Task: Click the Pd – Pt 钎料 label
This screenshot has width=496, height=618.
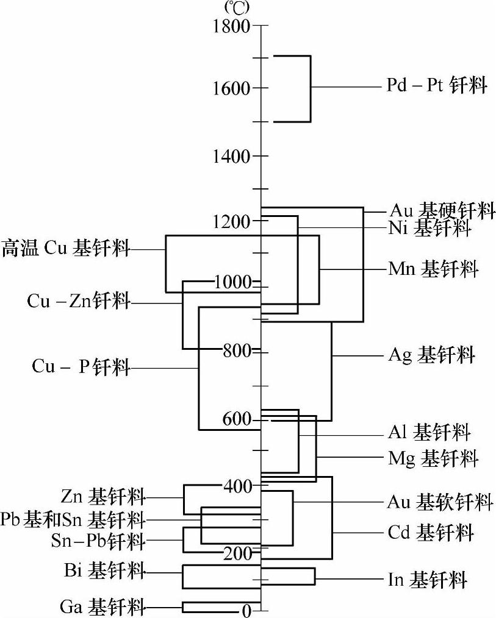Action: [x=437, y=86]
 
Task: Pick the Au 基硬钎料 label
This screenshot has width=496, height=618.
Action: [x=442, y=211]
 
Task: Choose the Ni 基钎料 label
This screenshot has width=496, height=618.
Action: [x=429, y=229]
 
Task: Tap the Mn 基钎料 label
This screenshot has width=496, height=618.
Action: [x=433, y=268]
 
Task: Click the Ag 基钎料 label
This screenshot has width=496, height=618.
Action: [x=431, y=355]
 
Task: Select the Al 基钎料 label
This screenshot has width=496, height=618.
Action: [x=430, y=433]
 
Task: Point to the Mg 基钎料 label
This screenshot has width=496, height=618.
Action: [x=433, y=457]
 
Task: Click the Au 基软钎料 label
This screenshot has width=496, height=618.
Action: [x=440, y=502]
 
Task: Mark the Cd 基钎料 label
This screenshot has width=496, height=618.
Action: [x=431, y=533]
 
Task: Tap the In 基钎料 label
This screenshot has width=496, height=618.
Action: [x=428, y=579]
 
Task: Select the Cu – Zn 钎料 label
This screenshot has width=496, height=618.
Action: [x=79, y=301]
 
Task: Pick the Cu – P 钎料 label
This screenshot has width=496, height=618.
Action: [x=81, y=368]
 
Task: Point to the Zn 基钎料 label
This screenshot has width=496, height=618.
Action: [x=103, y=497]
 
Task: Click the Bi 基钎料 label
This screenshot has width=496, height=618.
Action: [x=104, y=571]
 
